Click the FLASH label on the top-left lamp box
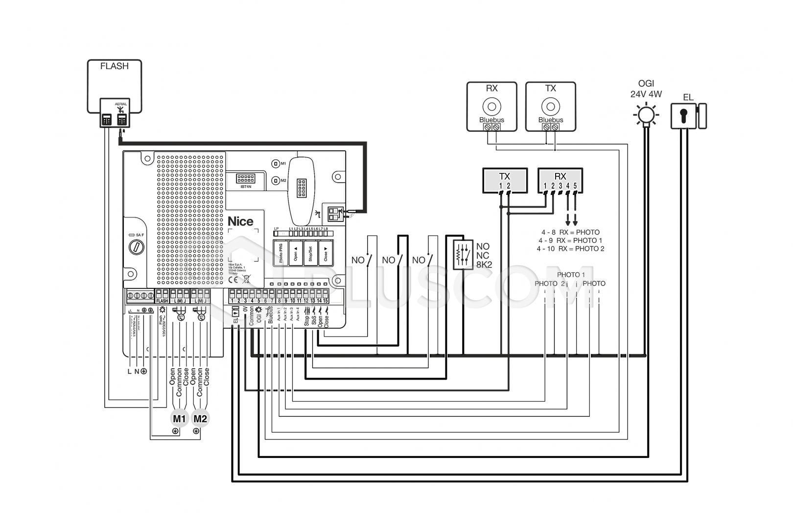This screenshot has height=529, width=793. pyautogui.click(x=114, y=66)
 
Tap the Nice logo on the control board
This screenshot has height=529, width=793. pyautogui.click(x=240, y=221)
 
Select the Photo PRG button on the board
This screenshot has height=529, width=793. pyautogui.click(x=280, y=253)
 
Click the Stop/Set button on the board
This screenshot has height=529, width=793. pyautogui.click(x=310, y=253)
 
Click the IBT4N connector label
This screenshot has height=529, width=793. pyautogui.click(x=245, y=187)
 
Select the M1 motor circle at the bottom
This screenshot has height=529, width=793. pyautogui.click(x=179, y=418)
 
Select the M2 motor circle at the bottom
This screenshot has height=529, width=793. pyautogui.click(x=200, y=418)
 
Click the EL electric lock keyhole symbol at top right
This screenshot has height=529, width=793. pyautogui.click(x=683, y=116)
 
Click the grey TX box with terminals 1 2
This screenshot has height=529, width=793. pyautogui.click(x=505, y=180)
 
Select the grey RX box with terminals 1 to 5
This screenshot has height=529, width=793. pyautogui.click(x=560, y=180)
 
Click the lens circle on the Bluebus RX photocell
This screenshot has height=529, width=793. pyautogui.click(x=491, y=106)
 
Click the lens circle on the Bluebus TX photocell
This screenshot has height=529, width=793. pyautogui.click(x=551, y=106)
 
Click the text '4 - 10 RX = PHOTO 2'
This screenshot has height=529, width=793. pyautogui.click(x=570, y=249)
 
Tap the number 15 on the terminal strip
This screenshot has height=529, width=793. pyautogui.click(x=326, y=300)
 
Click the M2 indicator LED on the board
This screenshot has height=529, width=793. pyautogui.click(x=276, y=180)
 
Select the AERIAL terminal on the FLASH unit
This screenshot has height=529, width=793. pyautogui.click(x=121, y=118)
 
